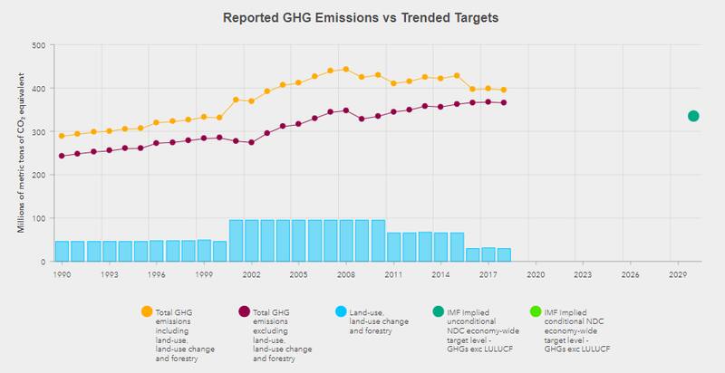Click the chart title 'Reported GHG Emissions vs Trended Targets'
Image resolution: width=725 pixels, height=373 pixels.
362,17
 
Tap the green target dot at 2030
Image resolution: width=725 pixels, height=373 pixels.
693,116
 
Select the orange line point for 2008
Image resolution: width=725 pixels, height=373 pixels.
346,69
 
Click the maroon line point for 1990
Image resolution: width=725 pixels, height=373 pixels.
62,156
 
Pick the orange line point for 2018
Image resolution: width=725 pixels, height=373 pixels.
504,90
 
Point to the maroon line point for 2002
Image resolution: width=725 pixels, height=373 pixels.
251,142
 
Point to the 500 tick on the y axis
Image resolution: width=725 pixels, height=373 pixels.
39,45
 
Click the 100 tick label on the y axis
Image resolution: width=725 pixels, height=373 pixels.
39,218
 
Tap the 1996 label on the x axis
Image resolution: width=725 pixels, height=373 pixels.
156,273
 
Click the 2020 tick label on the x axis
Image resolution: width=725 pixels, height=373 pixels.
536,273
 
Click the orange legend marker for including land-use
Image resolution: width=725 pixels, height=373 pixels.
148,312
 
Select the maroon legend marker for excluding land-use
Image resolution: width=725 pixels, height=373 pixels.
243,312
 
